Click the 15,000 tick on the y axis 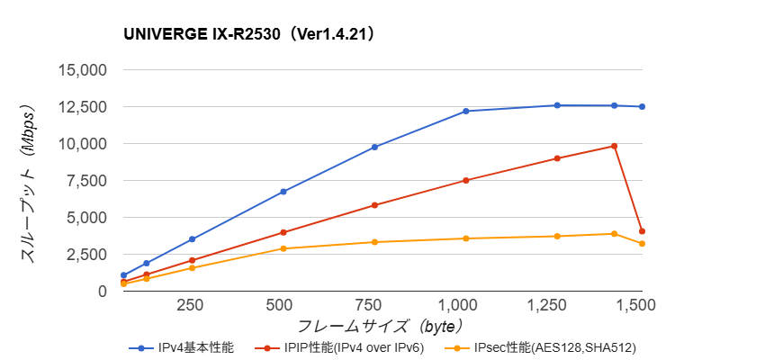(x=83, y=70)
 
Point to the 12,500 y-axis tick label (x=83, y=107)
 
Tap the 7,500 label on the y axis (x=87, y=181)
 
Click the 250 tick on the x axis (x=190, y=305)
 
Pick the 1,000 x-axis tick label (x=465, y=305)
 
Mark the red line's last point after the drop (x=642, y=231)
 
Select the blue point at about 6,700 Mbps (x=283, y=192)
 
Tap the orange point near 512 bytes (x=283, y=248)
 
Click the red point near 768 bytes (x=374, y=205)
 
